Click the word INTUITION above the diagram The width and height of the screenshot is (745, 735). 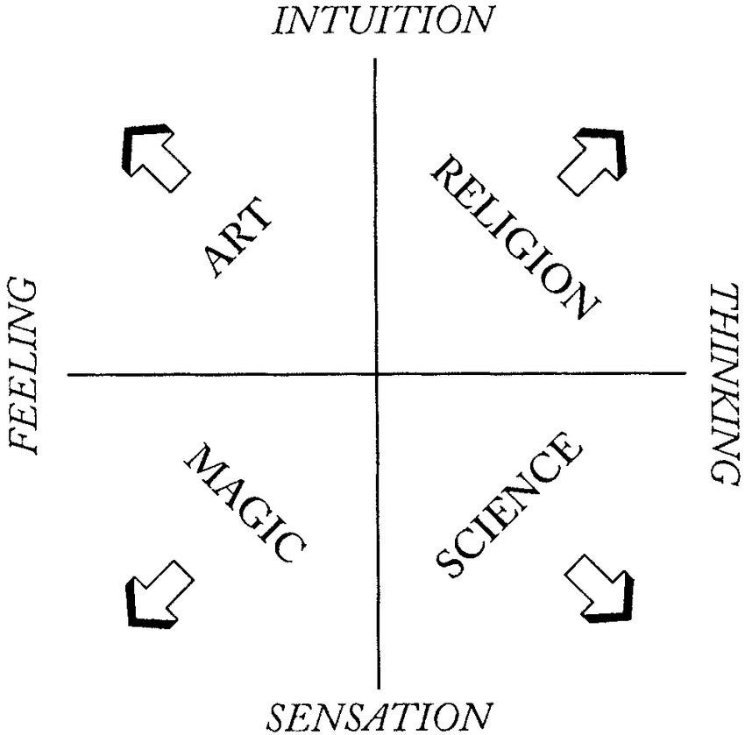383,19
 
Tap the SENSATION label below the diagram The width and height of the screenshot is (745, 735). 374,717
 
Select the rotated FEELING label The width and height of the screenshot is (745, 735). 25,366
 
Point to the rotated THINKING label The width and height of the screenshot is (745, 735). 724,382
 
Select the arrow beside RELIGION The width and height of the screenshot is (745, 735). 592,160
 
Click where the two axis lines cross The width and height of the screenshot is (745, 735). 377,375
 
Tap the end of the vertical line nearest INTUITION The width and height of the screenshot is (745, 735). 376,60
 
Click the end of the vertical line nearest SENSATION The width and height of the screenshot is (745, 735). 378,687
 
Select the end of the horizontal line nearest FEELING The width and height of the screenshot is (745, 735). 68,375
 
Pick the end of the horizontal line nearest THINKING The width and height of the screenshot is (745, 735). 685,375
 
